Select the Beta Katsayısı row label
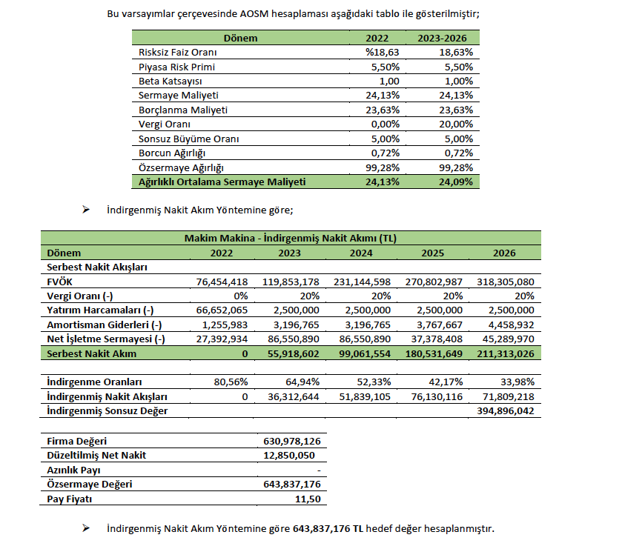(171, 81)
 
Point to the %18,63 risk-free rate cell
(384, 53)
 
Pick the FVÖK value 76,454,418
(217, 282)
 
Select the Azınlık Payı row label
(73, 470)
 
